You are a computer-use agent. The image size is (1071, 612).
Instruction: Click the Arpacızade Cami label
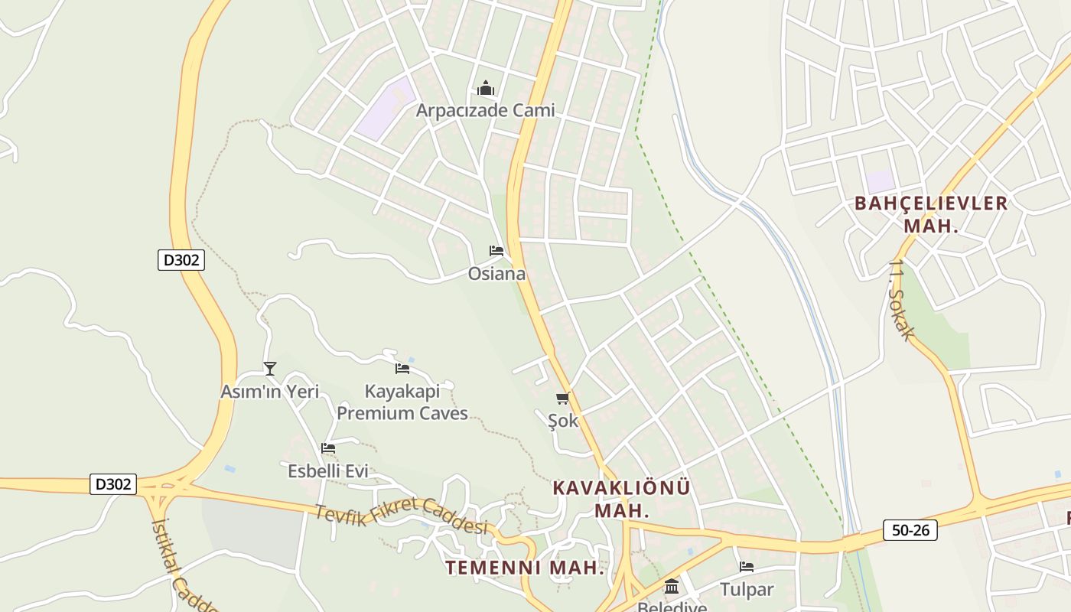(485, 110)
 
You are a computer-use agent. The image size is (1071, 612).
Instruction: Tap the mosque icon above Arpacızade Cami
(486, 89)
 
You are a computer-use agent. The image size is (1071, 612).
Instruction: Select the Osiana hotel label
(496, 274)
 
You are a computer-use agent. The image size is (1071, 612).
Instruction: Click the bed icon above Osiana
(496, 251)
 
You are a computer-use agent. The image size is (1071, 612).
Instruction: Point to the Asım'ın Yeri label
(269, 392)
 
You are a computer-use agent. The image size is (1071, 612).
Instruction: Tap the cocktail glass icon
(270, 369)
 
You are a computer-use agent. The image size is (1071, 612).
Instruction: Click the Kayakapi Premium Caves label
(402, 402)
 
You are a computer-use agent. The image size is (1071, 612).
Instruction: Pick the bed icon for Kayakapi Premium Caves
(402, 369)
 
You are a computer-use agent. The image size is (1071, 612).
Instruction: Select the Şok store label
(563, 420)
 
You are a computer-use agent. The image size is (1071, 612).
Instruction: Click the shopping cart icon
(563, 398)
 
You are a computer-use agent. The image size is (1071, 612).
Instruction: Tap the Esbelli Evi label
(328, 471)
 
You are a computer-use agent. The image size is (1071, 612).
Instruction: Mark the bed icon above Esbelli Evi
(328, 448)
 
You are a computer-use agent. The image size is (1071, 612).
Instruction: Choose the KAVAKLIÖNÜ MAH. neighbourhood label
(621, 499)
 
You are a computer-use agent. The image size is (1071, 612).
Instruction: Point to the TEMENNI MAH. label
(525, 568)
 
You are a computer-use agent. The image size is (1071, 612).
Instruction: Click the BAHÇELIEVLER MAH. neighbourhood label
(931, 214)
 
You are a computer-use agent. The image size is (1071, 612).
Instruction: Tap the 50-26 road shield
(910, 529)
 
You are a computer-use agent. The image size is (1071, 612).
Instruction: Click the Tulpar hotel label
(747, 590)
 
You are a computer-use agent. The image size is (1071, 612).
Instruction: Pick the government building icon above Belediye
(672, 587)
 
